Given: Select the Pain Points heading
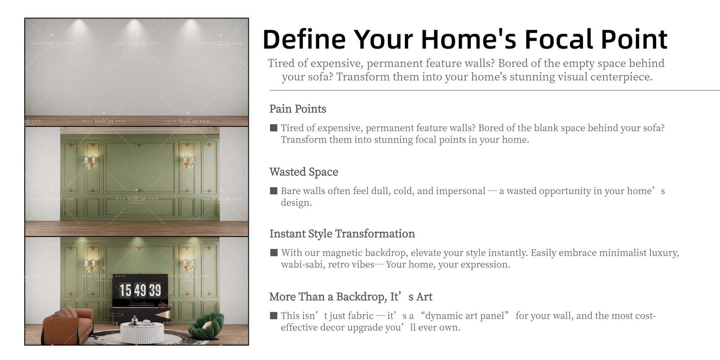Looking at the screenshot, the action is [297, 109].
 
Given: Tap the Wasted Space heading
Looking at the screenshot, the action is [304, 172].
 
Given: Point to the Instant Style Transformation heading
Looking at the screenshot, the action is [342, 234].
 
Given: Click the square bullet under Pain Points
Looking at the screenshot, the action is [274, 128].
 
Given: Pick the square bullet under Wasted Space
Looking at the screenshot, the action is [274, 191].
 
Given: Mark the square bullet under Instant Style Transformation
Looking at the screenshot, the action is [274, 252].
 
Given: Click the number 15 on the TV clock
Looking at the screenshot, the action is [126, 290].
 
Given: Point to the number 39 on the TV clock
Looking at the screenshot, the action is [155, 290].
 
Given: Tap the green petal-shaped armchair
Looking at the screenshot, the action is [207, 326].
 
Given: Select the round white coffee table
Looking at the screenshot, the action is [142, 333].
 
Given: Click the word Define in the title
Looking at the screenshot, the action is [304, 39].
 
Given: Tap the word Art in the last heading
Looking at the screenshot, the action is [424, 297].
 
